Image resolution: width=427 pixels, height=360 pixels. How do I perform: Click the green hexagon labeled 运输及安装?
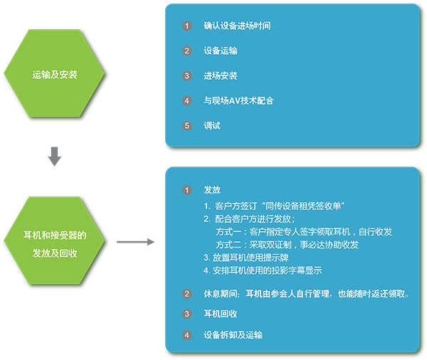[x=54, y=73]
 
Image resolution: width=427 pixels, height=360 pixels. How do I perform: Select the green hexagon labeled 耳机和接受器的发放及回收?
[x=54, y=240]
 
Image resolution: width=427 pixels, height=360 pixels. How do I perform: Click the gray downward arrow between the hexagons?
[x=55, y=157]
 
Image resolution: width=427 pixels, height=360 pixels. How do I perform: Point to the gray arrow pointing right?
[x=135, y=242]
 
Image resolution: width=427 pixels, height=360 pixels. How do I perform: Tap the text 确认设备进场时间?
[x=237, y=26]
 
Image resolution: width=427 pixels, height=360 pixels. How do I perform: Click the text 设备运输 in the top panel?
[x=221, y=51]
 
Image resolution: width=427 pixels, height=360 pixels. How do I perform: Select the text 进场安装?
[x=221, y=75]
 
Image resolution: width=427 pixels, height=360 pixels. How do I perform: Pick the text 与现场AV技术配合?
[x=238, y=101]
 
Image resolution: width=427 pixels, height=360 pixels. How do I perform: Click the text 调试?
[x=212, y=126]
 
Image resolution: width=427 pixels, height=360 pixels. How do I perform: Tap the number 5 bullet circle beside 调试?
[x=186, y=126]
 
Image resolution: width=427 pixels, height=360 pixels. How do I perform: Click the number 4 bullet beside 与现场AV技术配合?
[x=186, y=101]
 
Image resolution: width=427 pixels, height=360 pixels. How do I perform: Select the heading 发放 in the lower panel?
[x=212, y=190]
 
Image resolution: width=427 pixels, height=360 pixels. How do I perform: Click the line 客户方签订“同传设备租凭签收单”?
[x=274, y=206]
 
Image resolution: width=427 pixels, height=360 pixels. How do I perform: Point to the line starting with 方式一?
[x=304, y=232]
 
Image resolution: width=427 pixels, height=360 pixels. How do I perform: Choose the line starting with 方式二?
[x=287, y=245]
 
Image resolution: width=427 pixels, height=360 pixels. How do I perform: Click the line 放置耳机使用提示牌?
[x=246, y=258]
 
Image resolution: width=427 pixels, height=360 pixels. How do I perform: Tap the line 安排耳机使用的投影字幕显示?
[x=263, y=270]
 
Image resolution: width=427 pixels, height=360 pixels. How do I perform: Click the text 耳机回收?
[x=221, y=314]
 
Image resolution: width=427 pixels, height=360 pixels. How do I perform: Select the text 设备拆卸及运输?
[x=233, y=335]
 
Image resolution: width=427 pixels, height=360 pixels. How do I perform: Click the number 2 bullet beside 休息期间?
[x=186, y=294]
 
